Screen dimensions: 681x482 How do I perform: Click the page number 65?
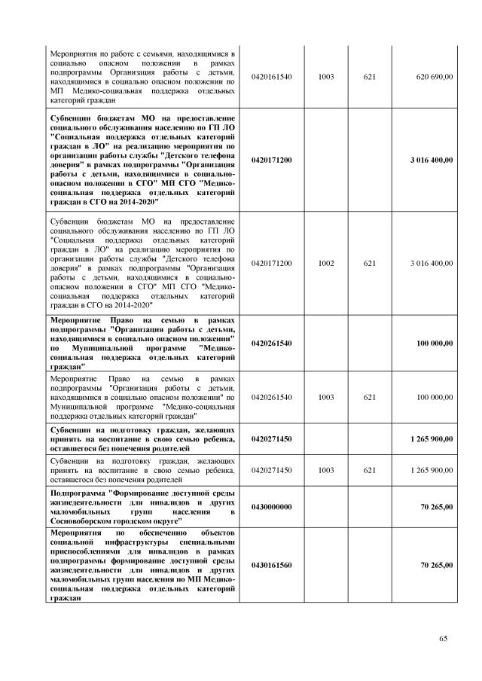[444, 639]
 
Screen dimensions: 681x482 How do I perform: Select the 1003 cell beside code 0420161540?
[326, 77]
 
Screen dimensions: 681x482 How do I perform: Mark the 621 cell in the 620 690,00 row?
[369, 77]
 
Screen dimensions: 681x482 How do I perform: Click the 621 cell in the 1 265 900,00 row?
[369, 469]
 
